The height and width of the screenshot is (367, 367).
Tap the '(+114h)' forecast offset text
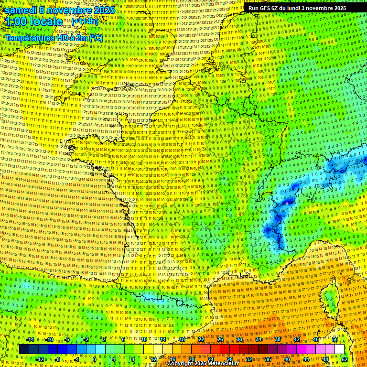pos(85,22)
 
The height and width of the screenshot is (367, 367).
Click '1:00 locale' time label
pos(33,22)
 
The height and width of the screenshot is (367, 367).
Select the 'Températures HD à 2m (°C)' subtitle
pos(54,37)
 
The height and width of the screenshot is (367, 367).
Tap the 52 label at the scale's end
pos(344,359)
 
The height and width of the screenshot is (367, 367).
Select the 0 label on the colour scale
pos(95,359)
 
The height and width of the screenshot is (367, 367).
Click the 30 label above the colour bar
pos(239,339)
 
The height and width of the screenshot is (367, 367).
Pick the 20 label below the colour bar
pos(191,359)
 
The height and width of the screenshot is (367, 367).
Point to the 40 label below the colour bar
pos(287,359)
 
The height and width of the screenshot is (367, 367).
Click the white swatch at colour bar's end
pos(339,349)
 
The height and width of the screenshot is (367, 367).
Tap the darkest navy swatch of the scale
pos(24,349)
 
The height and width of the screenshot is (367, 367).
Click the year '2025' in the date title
pos(105,10)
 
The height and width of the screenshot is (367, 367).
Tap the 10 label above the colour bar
pos(143,339)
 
